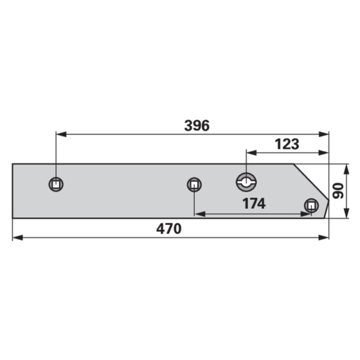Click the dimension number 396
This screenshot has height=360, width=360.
point(197,125)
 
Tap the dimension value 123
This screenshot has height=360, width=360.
point(287,144)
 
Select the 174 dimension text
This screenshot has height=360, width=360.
point(254,203)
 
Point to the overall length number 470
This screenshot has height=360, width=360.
point(169,229)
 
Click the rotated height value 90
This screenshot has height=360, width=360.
point(338,191)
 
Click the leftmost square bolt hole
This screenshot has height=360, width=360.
point(56,184)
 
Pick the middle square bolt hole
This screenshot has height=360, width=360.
point(194,185)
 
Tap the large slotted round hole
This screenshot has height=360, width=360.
point(247,182)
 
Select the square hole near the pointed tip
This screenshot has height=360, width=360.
point(311,206)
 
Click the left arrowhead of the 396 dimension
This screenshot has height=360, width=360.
point(61,134)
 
